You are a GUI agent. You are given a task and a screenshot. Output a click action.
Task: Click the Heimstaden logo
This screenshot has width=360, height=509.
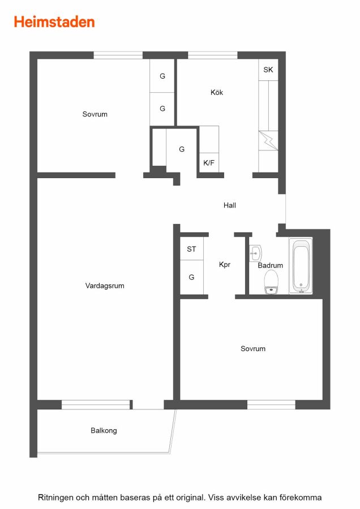[x=54, y=22]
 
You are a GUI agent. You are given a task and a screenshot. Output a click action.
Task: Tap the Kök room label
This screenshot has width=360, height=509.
[x=217, y=92]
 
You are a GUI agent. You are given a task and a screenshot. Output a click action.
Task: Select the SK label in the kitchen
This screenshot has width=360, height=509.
[x=268, y=70]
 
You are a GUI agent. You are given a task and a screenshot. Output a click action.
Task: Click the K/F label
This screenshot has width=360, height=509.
[x=209, y=163]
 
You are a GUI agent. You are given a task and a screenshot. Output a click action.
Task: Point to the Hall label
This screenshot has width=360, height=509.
[x=230, y=205]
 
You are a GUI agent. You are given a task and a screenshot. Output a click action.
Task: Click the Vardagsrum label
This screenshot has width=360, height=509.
[x=105, y=286]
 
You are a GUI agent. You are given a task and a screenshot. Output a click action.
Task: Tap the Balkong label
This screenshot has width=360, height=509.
[x=104, y=430]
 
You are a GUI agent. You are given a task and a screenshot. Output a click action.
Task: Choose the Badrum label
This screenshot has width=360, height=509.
[x=271, y=265]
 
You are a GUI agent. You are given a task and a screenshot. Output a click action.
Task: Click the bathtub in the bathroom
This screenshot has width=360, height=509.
[x=301, y=266]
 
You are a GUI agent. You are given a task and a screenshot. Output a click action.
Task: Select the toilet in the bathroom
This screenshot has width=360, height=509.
[x=271, y=282]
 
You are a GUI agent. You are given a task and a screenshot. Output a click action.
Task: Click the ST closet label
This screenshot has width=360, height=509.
[x=191, y=249]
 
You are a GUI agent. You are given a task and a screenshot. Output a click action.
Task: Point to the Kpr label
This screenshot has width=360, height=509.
[x=225, y=265]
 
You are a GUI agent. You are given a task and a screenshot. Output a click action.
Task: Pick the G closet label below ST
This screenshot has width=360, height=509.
[x=191, y=277]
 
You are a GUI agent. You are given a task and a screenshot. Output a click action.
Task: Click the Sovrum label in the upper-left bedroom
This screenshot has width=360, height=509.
[x=95, y=114]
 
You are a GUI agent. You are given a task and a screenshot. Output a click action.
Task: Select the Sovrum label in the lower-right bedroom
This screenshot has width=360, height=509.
[x=253, y=348]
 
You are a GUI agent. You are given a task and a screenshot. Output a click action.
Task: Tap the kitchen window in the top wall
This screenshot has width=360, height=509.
[x=213, y=55]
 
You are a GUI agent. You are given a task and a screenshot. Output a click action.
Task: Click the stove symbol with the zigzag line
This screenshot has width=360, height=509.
[x=268, y=141]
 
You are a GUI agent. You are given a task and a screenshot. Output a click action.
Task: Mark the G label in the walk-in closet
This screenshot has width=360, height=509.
[x=182, y=149]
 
